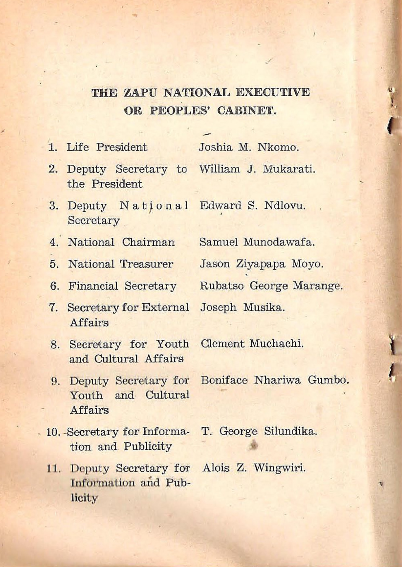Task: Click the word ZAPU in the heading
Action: pyautogui.click(x=140, y=93)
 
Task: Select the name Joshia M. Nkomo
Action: pyautogui.click(x=249, y=147)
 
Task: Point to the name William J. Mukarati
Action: pyautogui.click(x=257, y=169)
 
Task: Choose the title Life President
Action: pyautogui.click(x=107, y=147)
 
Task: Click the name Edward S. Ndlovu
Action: pyautogui.click(x=252, y=206)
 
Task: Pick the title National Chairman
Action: pyautogui.click(x=121, y=242)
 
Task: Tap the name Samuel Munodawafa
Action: pyautogui.click(x=257, y=242)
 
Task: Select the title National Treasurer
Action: pyautogui.click(x=121, y=264)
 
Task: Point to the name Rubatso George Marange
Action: pyautogui.click(x=271, y=286)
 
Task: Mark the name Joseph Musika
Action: pyautogui.click(x=242, y=307)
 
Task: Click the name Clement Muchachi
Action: pyautogui.click(x=252, y=344)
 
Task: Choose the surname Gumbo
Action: pyautogui.click(x=328, y=380)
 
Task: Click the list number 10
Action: pyautogui.click(x=53, y=432)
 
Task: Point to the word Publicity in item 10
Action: pyautogui.click(x=147, y=447)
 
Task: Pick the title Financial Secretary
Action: pyautogui.click(x=122, y=286)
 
